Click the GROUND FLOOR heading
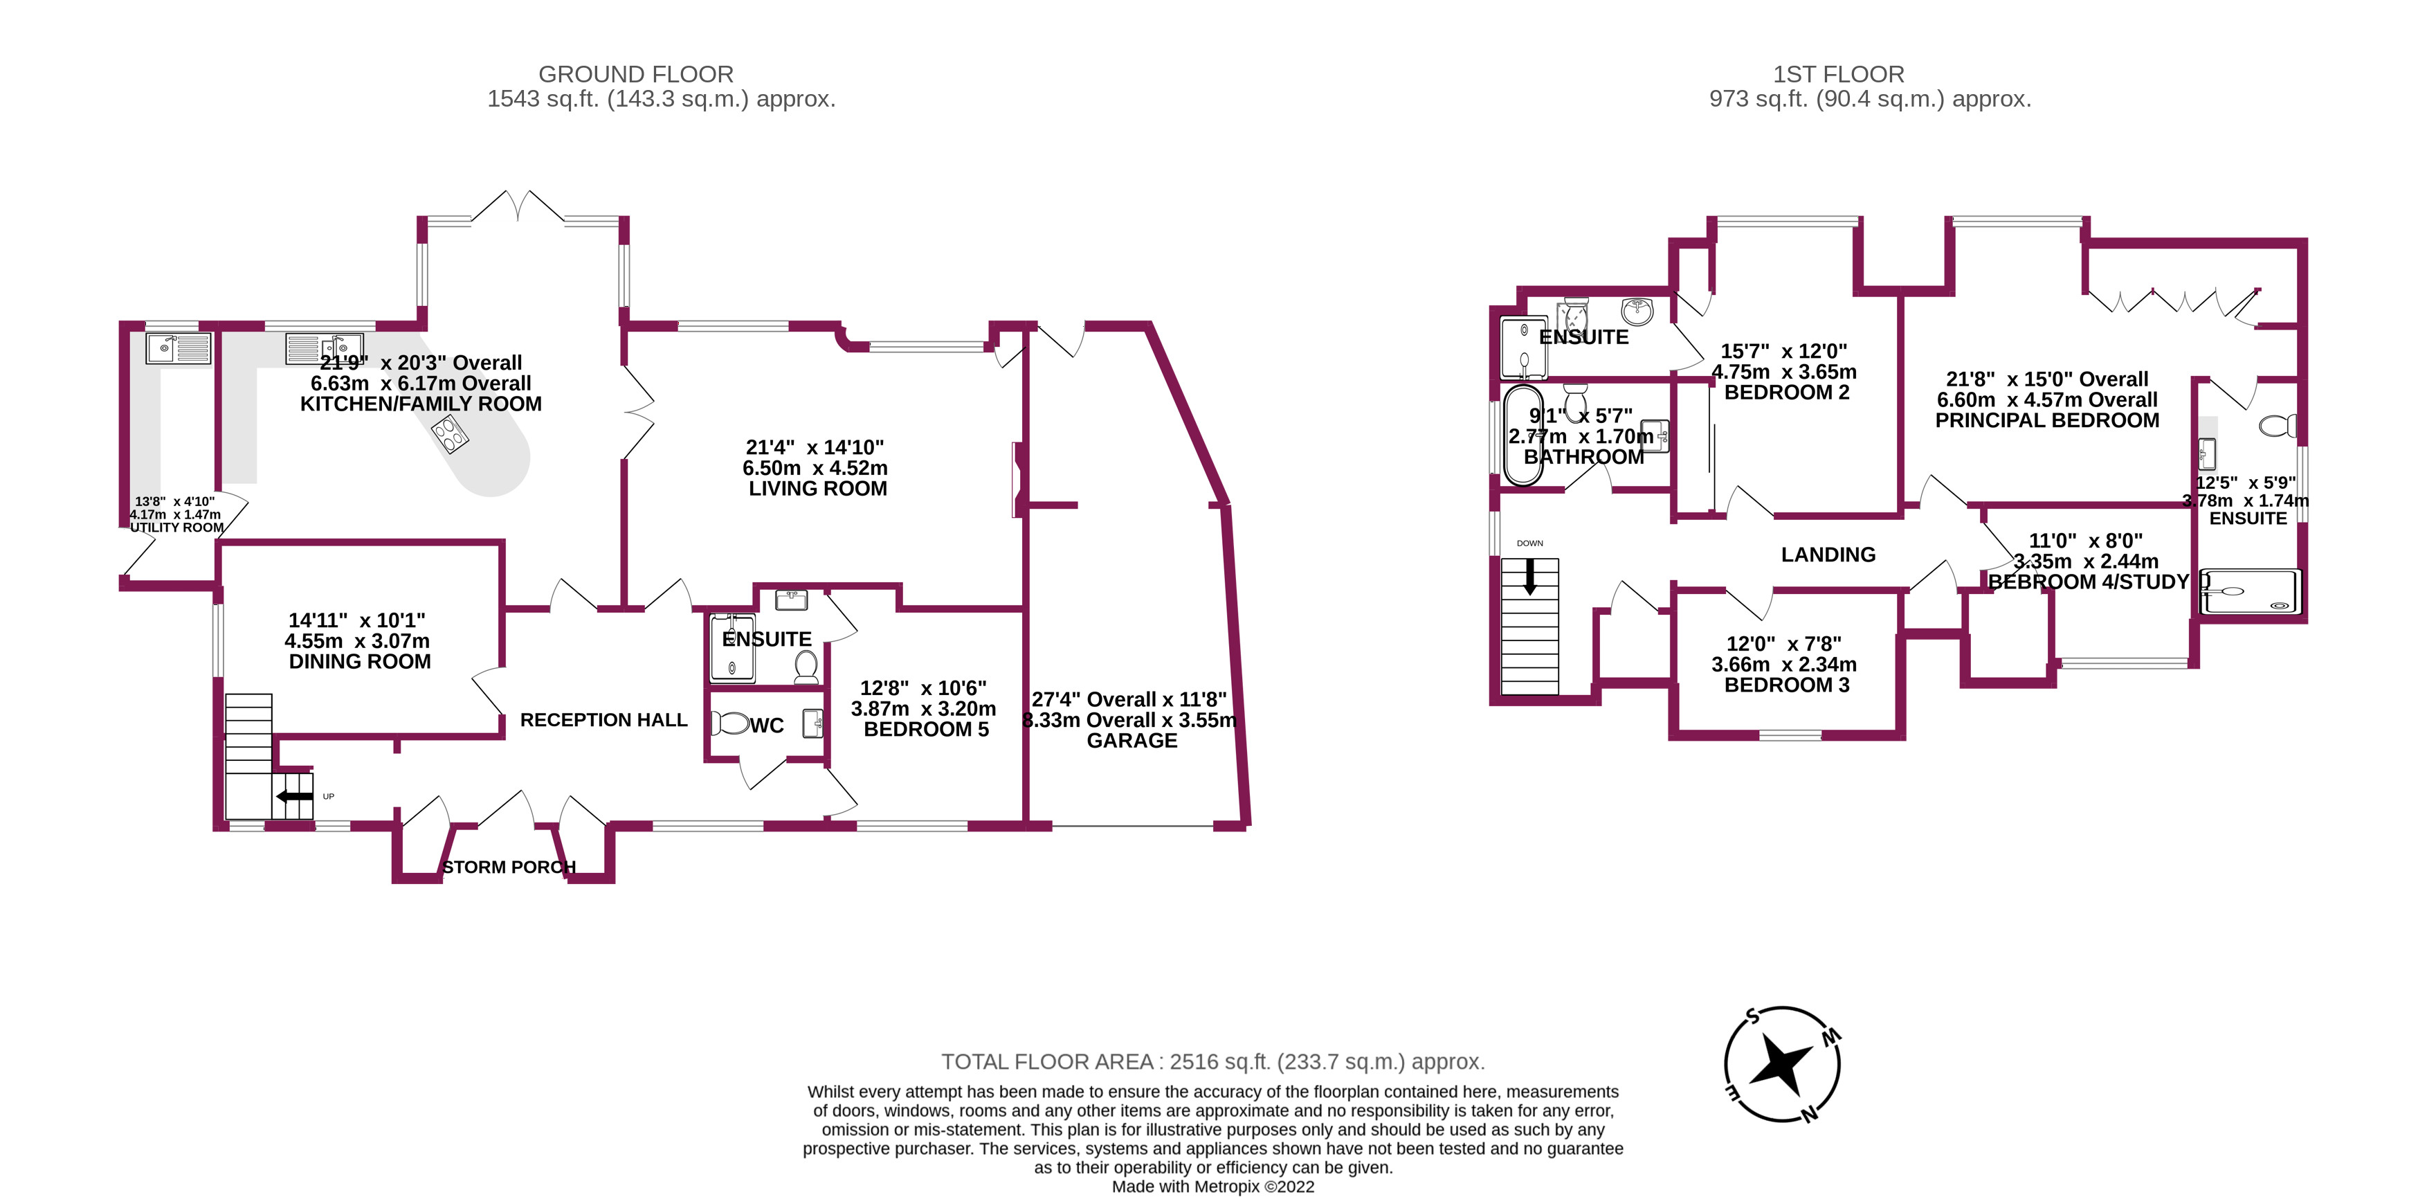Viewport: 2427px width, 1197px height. pyautogui.click(x=635, y=75)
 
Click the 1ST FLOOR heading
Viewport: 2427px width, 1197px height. pyautogui.click(x=1838, y=75)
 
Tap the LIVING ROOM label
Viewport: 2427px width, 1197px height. pyautogui.click(x=817, y=488)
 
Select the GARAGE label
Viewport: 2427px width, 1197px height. pyautogui.click(x=1131, y=741)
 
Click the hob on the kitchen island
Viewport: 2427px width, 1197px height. pyautogui.click(x=449, y=435)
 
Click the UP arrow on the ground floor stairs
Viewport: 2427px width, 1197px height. pyautogui.click(x=294, y=796)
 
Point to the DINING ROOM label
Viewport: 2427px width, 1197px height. pyautogui.click(x=359, y=662)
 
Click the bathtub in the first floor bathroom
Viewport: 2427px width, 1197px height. pyautogui.click(x=1522, y=435)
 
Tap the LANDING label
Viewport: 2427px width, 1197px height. pyautogui.click(x=1828, y=555)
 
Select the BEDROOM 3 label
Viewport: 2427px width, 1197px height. pyautogui.click(x=1786, y=685)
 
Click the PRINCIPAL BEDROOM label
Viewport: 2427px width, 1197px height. pyautogui.click(x=2046, y=420)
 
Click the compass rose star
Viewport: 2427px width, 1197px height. pyautogui.click(x=1780, y=1065)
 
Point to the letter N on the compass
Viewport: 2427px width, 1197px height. pyautogui.click(x=1809, y=1115)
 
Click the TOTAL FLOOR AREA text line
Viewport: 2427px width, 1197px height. pyautogui.click(x=1212, y=1062)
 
